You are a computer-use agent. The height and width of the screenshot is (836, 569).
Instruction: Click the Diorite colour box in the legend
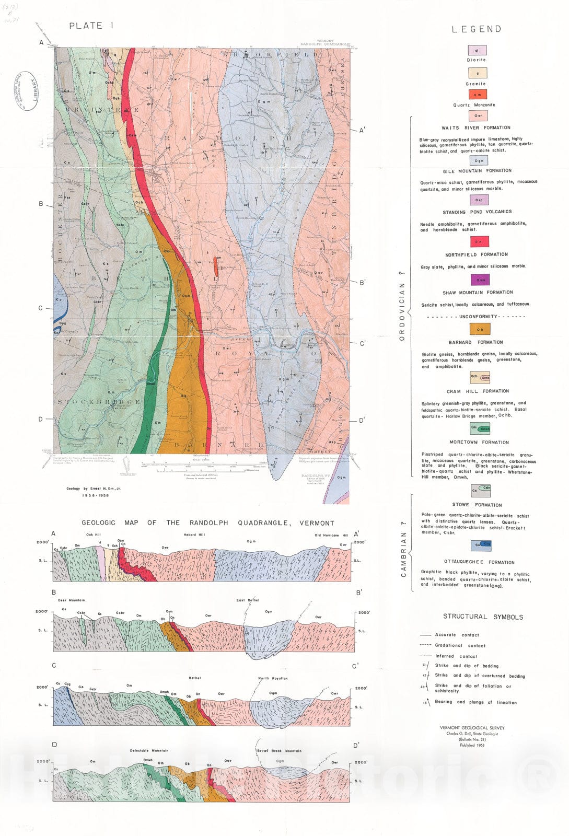[477, 50]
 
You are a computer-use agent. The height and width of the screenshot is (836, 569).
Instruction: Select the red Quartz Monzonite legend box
[477, 94]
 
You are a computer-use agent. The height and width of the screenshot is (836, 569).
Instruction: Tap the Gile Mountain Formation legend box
[479, 160]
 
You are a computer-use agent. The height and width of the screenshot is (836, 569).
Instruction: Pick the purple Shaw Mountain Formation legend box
[480, 280]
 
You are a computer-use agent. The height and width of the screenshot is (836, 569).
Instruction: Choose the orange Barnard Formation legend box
[480, 329]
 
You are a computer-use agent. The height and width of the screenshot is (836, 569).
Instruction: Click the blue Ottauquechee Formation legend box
[480, 545]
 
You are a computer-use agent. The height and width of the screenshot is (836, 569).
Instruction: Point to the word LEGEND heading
[476, 29]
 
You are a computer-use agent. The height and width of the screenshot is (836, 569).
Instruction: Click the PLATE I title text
[91, 26]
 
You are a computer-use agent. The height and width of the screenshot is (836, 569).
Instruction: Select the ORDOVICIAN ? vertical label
[402, 306]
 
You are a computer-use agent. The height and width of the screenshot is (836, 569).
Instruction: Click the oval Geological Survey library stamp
[28, 90]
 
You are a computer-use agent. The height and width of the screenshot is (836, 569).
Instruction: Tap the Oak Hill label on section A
[94, 535]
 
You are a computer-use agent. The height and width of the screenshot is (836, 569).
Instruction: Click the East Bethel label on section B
[248, 600]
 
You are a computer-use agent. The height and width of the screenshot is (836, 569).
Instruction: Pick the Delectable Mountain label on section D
[149, 750]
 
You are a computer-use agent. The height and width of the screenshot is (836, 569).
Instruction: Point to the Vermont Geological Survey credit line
[472, 727]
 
